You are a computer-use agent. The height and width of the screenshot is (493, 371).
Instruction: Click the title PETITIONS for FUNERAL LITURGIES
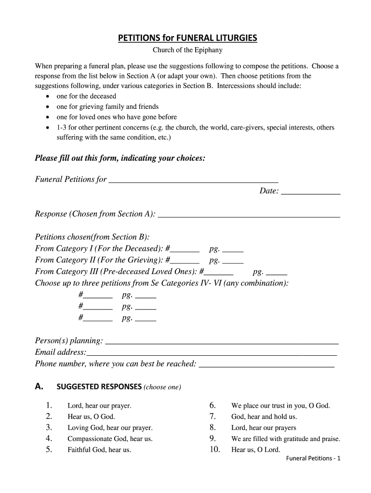pos(188,38)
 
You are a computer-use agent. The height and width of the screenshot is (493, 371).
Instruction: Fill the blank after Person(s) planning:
pos(222,342)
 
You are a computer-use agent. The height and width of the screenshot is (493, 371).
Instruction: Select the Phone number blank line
pos(266,365)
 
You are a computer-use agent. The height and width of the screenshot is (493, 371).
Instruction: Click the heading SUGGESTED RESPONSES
pos(99,387)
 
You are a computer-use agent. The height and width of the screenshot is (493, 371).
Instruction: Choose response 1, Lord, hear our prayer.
pos(99,406)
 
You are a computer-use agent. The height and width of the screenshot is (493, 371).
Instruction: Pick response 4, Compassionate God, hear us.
pos(110,439)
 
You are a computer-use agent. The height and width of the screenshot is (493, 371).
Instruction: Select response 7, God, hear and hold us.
pos(264,417)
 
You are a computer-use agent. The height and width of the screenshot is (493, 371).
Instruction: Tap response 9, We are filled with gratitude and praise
pos(286,439)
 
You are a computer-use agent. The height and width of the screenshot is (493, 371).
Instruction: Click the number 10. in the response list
pos(215,450)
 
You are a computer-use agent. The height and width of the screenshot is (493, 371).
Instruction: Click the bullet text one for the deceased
pos(86,96)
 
